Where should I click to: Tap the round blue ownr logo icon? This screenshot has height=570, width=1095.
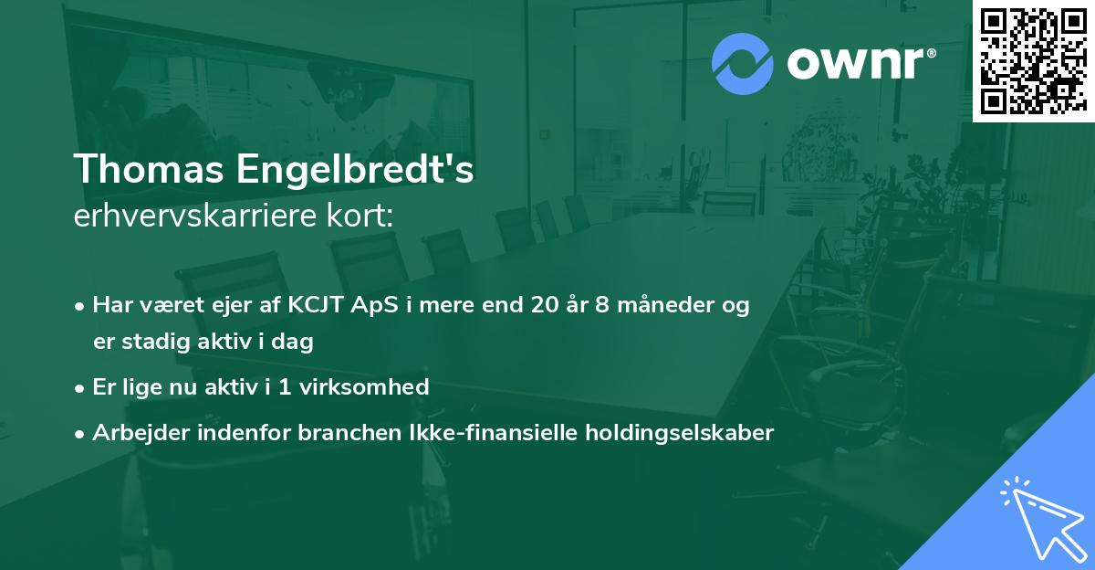pos(743,64)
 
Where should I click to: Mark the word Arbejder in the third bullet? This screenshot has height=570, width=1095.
pos(135,433)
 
